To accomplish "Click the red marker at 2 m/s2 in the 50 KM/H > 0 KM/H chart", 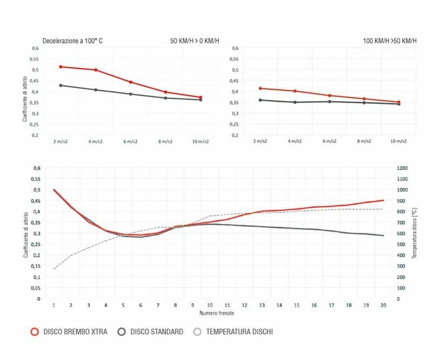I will [61, 67].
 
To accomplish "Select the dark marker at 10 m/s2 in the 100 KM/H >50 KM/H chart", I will [398, 104].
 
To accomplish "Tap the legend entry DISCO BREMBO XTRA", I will [68, 332].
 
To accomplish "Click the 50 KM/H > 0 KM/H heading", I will [195, 41].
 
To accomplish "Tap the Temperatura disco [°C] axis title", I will [415, 233].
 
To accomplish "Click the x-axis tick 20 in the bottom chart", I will [382, 305].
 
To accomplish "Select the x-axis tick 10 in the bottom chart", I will [209, 305].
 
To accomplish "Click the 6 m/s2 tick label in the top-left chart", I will [131, 141].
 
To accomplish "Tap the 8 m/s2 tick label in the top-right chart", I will [364, 141].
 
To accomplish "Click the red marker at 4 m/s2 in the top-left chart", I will [96, 70].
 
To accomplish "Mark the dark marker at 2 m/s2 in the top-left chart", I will [61, 85].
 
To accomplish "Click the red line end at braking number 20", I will [382, 200].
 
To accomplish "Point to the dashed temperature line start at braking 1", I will [54, 269].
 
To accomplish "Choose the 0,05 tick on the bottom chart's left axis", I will [37, 287].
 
